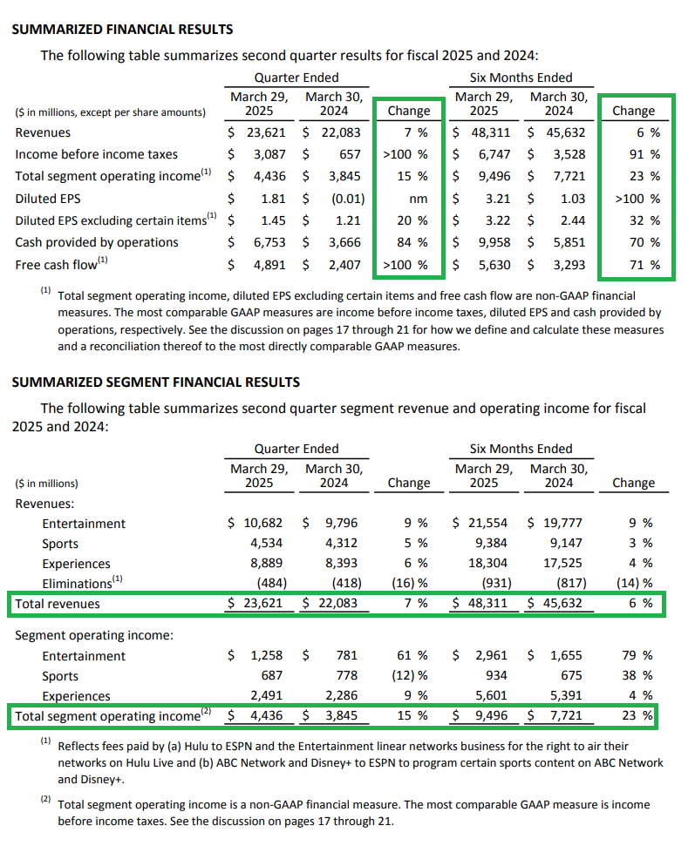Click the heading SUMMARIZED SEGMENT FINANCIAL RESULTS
tap(155, 382)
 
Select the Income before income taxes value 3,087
tap(269, 154)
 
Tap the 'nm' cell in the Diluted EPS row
tap(418, 200)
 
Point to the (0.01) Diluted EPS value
tap(348, 200)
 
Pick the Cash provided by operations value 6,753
tap(269, 242)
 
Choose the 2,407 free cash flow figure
tap(344, 265)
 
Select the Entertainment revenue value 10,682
tap(263, 523)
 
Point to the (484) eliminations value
tap(271, 583)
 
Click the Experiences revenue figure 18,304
tap(487, 564)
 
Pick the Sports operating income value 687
tap(271, 675)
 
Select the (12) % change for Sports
tap(409, 675)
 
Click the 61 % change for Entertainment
tap(412, 655)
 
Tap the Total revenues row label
tap(58, 604)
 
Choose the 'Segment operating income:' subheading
tap(94, 635)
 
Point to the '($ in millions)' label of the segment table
tap(46, 484)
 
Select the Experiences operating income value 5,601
tap(491, 695)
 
